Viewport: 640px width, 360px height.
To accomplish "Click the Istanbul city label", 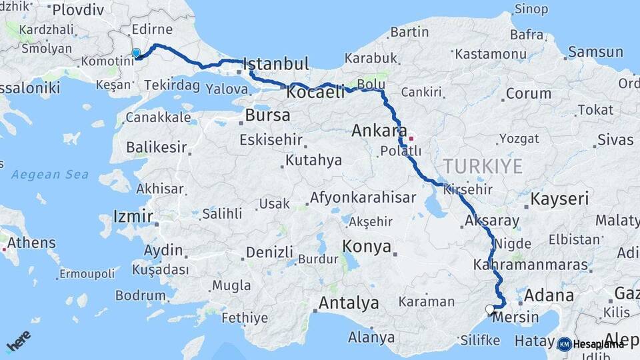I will pos(276,65).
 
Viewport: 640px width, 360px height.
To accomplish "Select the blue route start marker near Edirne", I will pos(136,53).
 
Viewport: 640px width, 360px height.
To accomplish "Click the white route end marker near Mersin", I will pos(490,309).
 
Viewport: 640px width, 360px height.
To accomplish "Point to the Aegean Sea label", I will pos(50,175).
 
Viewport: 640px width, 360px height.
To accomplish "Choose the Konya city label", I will pos(367,247).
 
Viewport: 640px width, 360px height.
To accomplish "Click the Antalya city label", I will pos(349,303).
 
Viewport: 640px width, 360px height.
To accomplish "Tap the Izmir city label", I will pos(133,216).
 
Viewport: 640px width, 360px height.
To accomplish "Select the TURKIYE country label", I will pos(483,166).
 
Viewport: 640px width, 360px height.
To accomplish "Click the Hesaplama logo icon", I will pos(564,344).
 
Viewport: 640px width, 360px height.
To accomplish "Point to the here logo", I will pos(18,341).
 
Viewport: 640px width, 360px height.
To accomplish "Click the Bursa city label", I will pos(267,115).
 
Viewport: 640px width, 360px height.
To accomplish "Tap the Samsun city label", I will pos(595,52).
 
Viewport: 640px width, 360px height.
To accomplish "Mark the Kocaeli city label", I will pos(315,93).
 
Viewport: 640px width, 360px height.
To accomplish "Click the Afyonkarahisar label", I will pos(363,198).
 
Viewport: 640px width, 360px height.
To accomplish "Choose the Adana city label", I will pos(549,295).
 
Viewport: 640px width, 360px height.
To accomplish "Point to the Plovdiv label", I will pos(78,9).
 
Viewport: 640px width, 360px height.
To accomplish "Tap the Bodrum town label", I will pos(140,295).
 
